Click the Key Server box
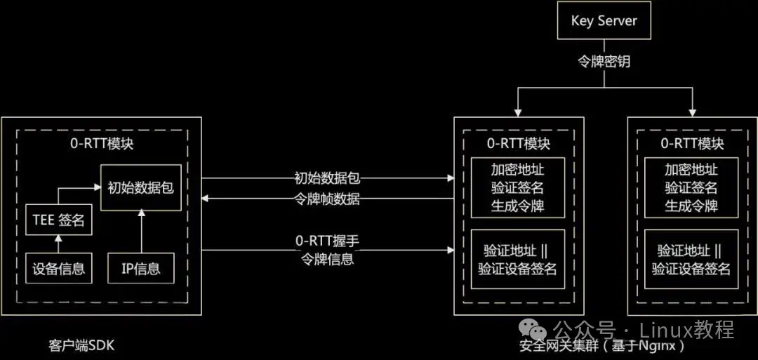tap(604, 20)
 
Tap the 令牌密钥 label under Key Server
tap(604, 62)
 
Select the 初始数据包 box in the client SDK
tap(140, 187)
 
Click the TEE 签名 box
tap(58, 221)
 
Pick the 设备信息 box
tap(58, 267)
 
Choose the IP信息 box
tap(140, 267)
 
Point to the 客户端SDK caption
tap(81, 346)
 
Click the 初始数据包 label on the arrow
tap(328, 178)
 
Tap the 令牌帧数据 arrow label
tap(327, 199)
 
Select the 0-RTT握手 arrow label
tap(327, 241)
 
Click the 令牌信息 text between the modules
tap(327, 260)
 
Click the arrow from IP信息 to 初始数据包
tap(140, 232)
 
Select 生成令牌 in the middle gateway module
tap(517, 207)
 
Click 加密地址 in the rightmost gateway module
tap(691, 169)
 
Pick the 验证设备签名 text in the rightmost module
tap(691, 269)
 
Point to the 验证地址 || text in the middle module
tap(517, 251)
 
